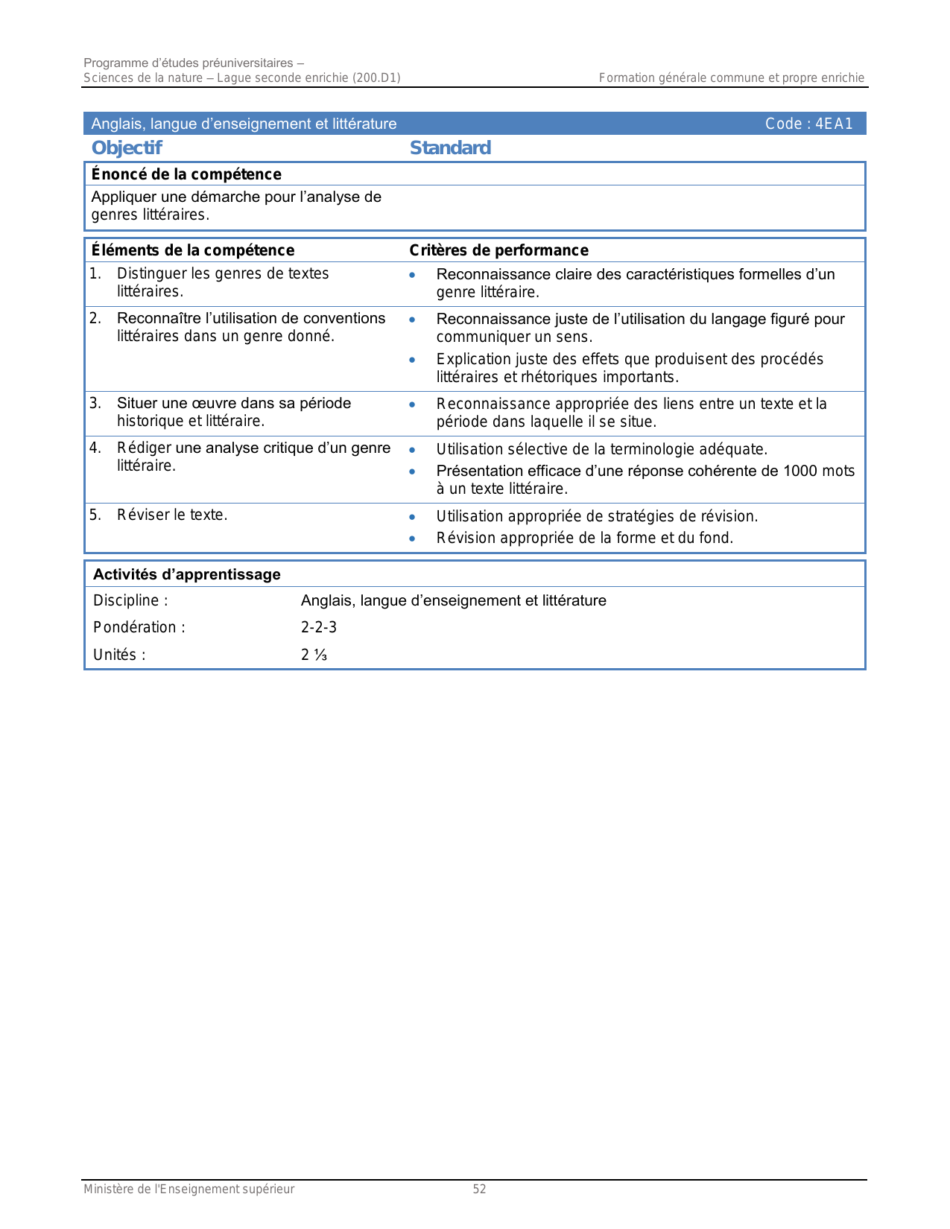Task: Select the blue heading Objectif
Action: tap(127, 148)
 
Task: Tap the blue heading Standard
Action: tap(450, 148)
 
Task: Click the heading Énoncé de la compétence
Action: tap(186, 174)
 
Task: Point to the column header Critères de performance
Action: tap(498, 250)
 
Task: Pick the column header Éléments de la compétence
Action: tap(193, 250)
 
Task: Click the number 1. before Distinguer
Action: tap(95, 273)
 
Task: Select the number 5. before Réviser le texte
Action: tap(95, 515)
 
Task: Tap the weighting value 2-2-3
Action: tap(319, 627)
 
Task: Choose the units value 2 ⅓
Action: tap(314, 655)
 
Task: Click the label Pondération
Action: tap(139, 627)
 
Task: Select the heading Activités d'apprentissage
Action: tap(187, 574)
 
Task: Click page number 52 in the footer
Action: tap(479, 1190)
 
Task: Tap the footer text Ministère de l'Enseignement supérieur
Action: tap(189, 1190)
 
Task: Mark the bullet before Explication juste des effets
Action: tap(412, 360)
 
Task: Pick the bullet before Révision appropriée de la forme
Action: tap(412, 539)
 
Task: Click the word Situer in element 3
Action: tap(136, 403)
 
